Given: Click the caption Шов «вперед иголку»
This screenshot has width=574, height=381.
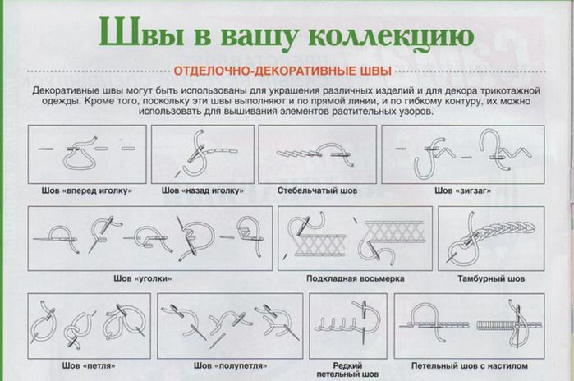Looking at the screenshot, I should pos(86,190).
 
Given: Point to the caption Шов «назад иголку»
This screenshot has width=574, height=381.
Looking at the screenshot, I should pos(202,190).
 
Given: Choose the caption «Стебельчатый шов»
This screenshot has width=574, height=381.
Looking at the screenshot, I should pos(317,190).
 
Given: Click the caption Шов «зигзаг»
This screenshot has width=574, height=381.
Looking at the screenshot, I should pos(462,190).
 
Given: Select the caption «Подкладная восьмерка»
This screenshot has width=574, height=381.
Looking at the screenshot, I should pos(356,279).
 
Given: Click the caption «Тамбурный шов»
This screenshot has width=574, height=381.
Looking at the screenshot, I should pos(490,279).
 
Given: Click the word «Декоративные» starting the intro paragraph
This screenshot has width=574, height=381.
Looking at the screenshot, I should pos(58,88).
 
